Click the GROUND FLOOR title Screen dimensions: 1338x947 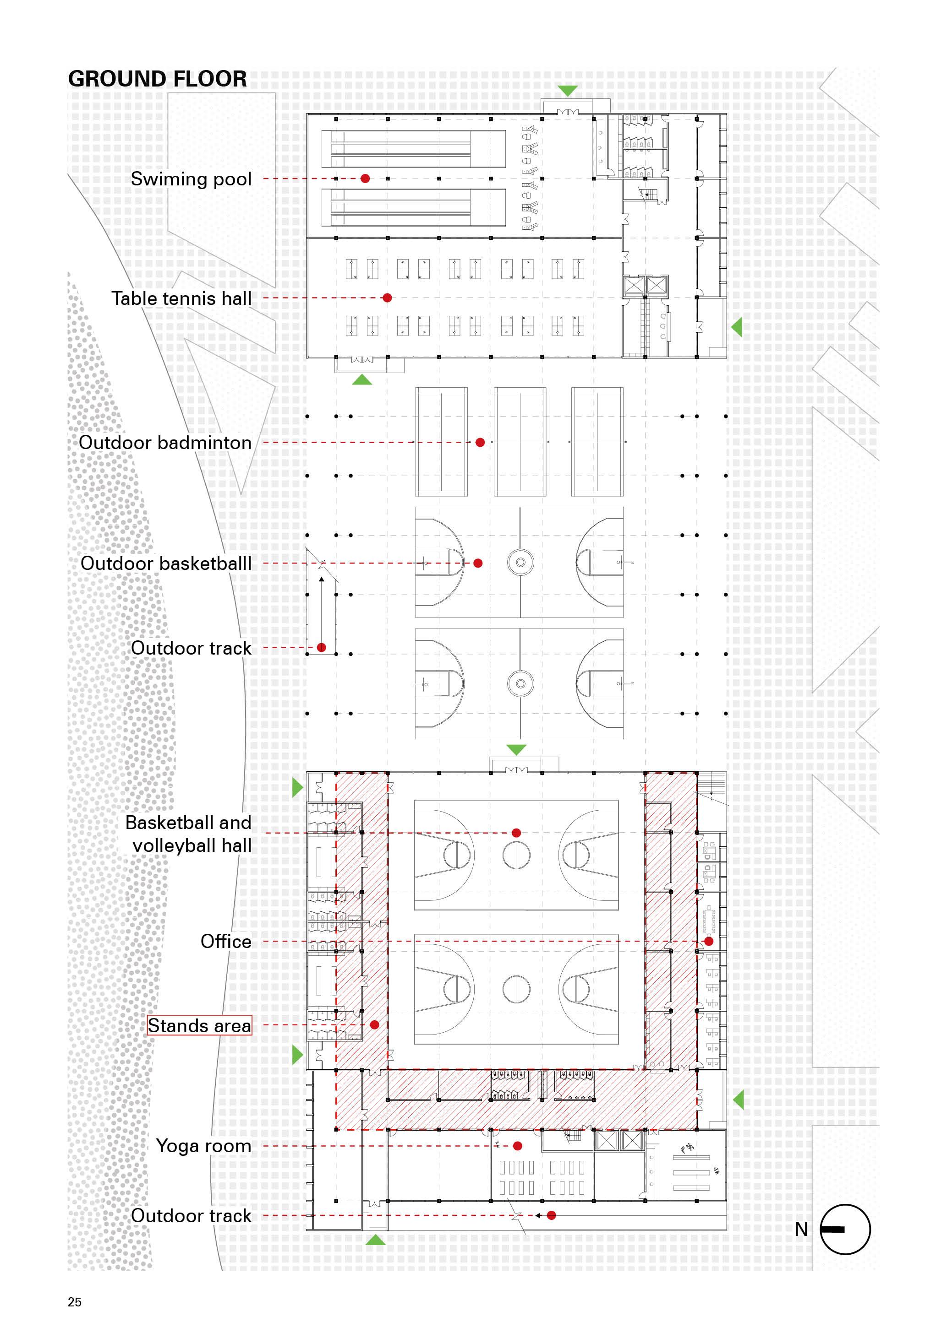pos(158,79)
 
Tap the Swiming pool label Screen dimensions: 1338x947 pos(191,179)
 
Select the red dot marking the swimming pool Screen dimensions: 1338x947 pos(365,179)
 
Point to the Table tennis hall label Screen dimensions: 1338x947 pos(181,298)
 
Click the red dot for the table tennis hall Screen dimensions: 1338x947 pos(387,298)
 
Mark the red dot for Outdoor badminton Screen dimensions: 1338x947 pos(480,442)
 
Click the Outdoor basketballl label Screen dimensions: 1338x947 pos(166,563)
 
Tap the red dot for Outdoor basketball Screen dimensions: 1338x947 pos(477,563)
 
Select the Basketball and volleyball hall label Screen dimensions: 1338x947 pos(188,834)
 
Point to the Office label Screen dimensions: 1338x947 pos(226,941)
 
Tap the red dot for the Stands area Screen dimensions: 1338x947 pos(375,1024)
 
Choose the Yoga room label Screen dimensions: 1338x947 pos(203,1146)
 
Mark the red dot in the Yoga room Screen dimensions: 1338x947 pos(517,1146)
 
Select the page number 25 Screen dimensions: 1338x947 pos(75,1302)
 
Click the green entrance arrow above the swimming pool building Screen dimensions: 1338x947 pos(567,91)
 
